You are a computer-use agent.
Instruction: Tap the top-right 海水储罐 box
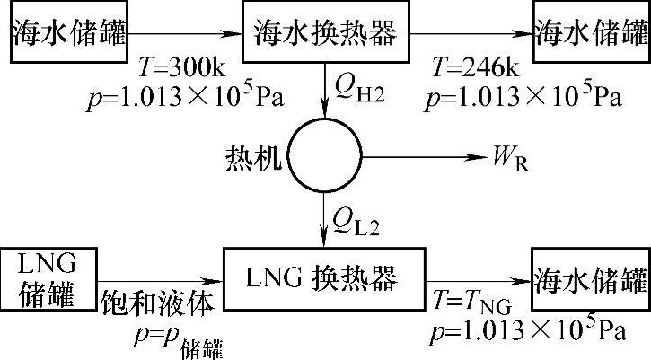click(591, 33)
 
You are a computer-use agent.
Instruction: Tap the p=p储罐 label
click(175, 338)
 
